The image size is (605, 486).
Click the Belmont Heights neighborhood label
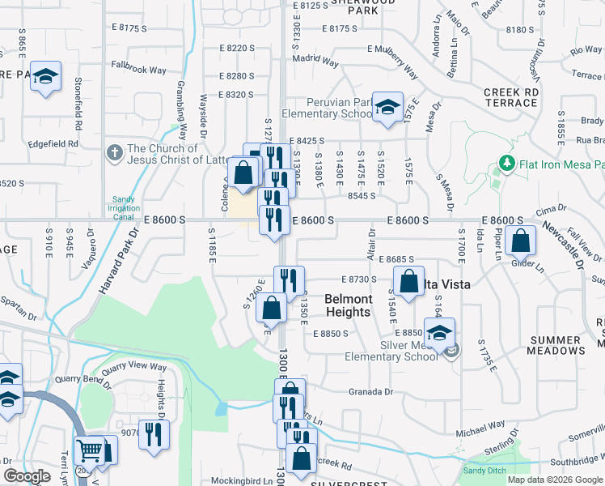(x=348, y=305)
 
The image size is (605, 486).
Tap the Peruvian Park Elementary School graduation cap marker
(x=387, y=107)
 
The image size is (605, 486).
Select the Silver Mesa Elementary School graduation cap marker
(x=439, y=332)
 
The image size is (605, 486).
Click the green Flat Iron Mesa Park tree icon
(x=507, y=164)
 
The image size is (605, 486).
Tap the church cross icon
(x=114, y=152)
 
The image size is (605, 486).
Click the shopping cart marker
(x=88, y=450)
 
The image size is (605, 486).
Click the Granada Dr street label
(x=370, y=392)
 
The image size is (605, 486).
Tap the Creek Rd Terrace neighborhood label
(x=511, y=98)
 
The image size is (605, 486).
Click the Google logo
(x=27, y=476)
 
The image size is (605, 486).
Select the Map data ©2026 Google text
(x=555, y=480)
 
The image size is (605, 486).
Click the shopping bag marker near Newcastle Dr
(x=520, y=240)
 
